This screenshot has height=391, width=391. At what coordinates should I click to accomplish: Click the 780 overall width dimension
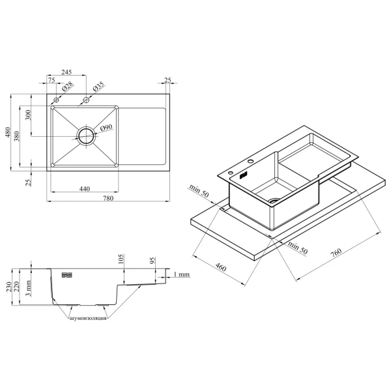point(108,198)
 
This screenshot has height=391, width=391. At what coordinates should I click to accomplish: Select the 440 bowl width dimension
point(85,189)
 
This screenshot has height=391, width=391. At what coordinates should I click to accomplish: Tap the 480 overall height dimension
point(8,132)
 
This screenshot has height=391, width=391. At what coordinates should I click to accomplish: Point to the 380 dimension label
point(17,136)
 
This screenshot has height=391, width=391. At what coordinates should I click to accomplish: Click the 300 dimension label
point(28,115)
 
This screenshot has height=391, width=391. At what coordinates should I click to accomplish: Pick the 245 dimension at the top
point(66,72)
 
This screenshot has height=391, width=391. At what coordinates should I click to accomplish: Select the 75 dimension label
point(51,80)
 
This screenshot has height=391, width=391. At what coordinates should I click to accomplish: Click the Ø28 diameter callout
point(67,86)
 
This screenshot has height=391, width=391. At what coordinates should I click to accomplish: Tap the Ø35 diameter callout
point(98,86)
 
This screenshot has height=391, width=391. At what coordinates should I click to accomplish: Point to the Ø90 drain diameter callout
point(106,128)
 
